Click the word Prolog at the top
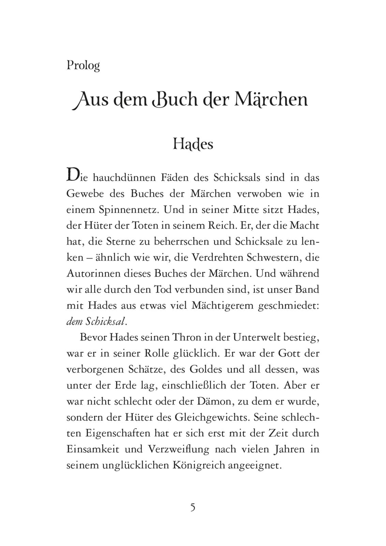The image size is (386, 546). (83, 65)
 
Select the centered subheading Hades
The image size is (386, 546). (193, 144)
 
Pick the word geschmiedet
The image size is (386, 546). (289, 305)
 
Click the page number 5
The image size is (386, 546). (193, 507)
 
